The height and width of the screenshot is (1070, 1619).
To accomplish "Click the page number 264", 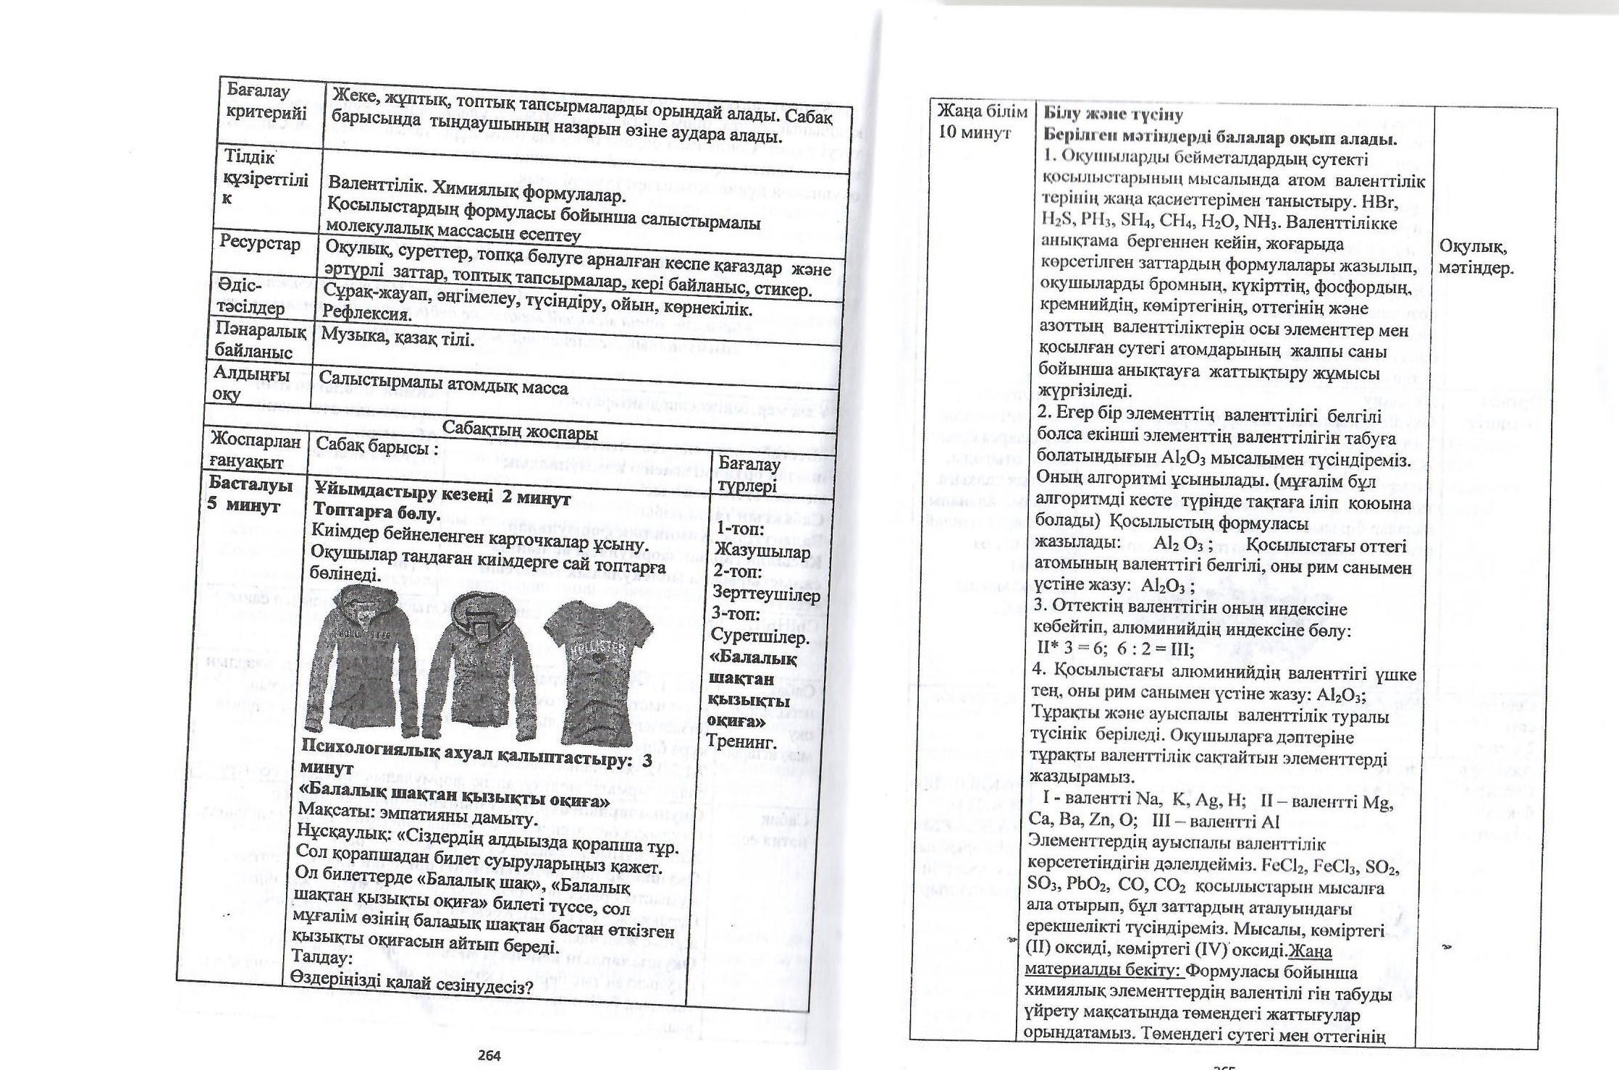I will (489, 1055).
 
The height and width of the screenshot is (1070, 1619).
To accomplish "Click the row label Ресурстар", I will (256, 244).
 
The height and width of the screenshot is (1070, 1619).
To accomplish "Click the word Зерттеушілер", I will (766, 594).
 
